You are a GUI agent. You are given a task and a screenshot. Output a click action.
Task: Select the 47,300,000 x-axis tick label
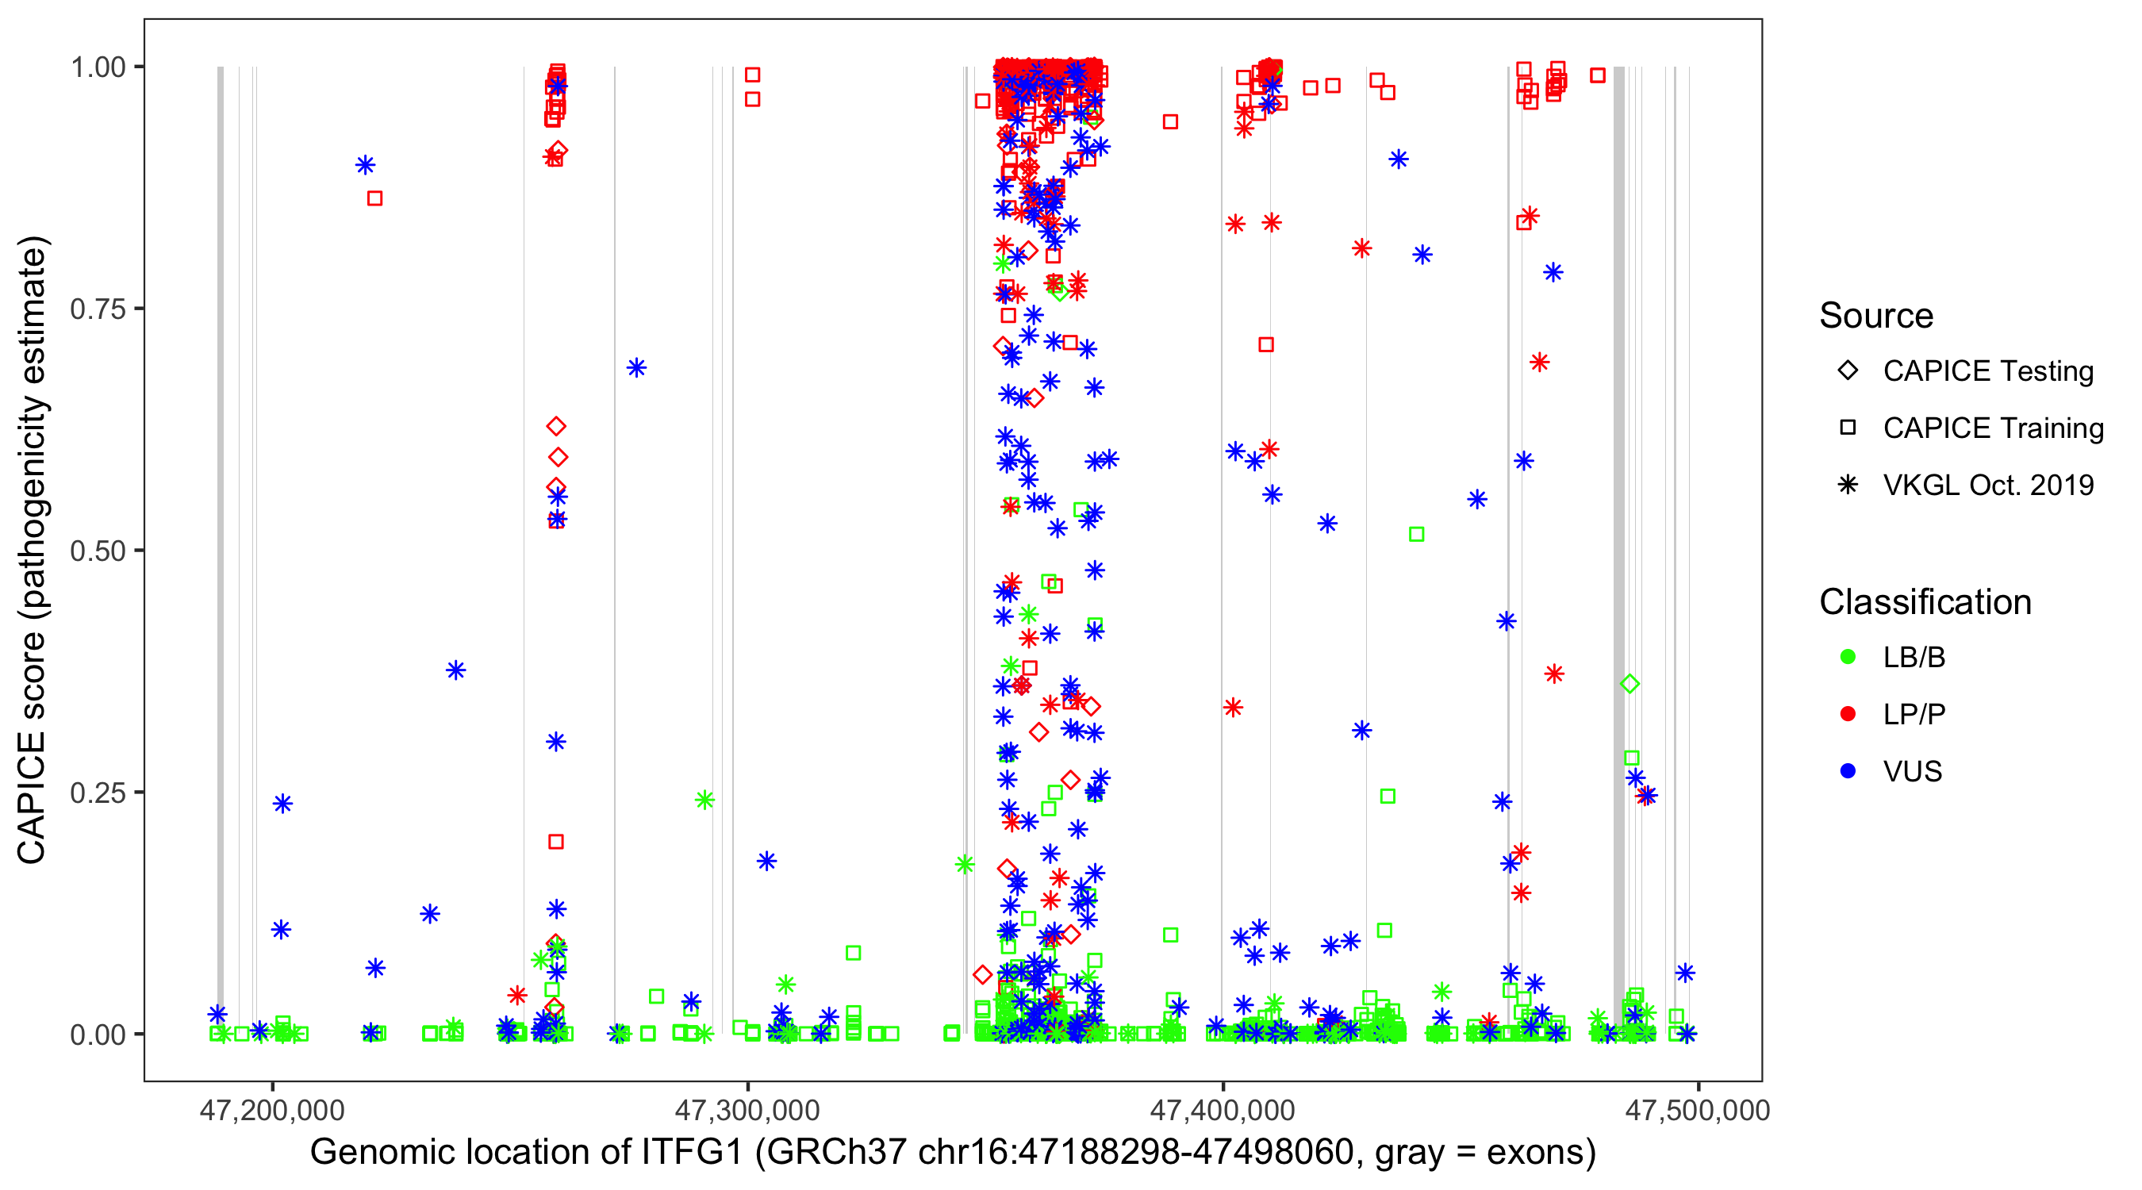[747, 1110]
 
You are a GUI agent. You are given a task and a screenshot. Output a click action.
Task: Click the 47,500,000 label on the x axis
[1697, 1110]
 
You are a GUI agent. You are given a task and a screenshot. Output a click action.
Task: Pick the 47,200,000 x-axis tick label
[272, 1110]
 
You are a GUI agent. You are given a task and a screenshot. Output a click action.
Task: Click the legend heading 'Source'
[1876, 316]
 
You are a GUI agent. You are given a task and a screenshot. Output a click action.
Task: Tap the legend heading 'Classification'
[1925, 602]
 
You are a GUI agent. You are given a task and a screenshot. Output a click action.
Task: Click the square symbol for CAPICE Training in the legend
[1848, 428]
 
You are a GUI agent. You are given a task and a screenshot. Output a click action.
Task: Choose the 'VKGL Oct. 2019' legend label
[1988, 485]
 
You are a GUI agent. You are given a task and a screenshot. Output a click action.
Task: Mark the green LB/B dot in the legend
[1848, 657]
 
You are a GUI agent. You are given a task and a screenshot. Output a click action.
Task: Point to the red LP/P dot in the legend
[1848, 714]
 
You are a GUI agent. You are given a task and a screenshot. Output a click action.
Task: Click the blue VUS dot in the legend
[1848, 771]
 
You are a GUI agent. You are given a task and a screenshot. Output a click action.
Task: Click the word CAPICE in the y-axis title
[31, 797]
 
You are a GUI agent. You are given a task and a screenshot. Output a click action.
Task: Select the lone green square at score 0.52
[1416, 534]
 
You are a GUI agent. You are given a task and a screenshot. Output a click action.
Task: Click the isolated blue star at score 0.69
[636, 367]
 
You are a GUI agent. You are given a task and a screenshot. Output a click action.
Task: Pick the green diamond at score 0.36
[1630, 684]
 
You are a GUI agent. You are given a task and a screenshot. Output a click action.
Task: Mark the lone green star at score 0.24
[704, 800]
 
